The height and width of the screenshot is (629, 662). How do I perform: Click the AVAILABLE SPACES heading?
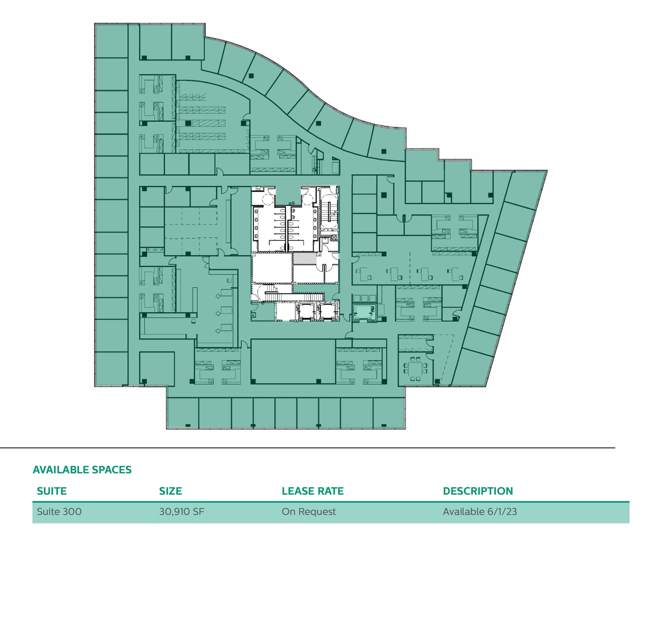[x=82, y=469]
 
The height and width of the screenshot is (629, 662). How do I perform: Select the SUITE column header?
[x=52, y=491]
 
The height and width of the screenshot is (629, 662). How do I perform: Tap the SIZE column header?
[x=170, y=491]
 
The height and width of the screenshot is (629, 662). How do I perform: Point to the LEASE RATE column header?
[x=312, y=491]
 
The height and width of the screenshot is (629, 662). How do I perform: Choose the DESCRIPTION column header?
[x=477, y=491]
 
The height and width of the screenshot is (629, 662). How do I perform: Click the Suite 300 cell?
[x=59, y=512]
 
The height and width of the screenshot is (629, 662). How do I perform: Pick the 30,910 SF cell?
[x=181, y=512]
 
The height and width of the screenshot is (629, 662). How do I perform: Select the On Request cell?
[x=308, y=512]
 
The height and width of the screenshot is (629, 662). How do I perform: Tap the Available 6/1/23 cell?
[x=479, y=512]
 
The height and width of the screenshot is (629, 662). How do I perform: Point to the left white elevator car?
[x=305, y=312]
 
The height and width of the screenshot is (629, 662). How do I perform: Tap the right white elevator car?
[x=327, y=312]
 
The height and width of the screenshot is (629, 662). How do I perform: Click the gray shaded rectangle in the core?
[x=305, y=258]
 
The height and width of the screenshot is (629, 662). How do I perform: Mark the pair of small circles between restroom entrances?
[x=292, y=203]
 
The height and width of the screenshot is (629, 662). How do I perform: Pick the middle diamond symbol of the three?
[x=218, y=313]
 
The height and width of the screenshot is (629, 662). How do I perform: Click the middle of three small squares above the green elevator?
[x=365, y=298]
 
